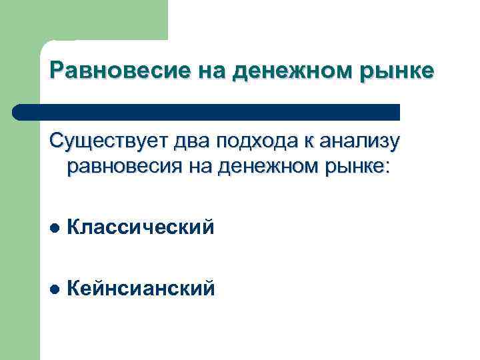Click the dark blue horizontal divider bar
click(x=207, y=111)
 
